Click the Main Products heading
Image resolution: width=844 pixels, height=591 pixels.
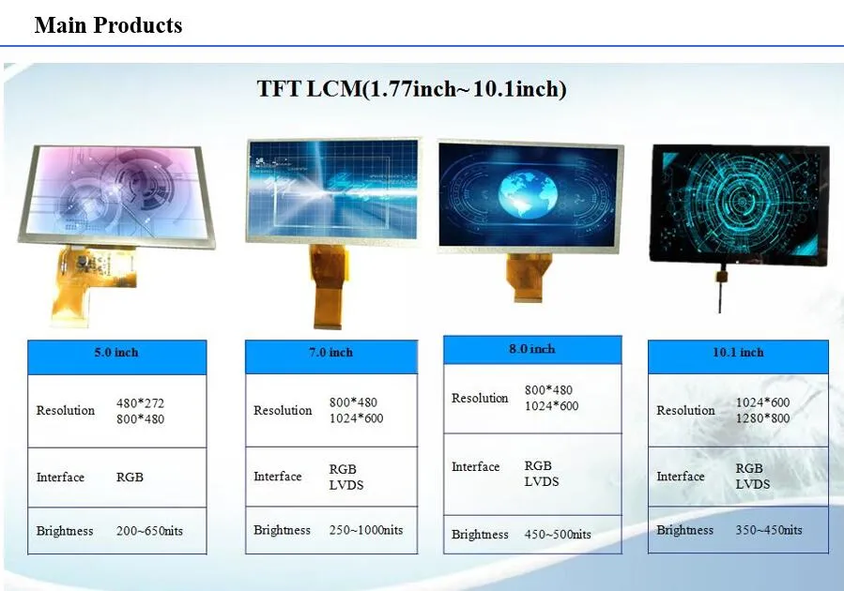(108, 25)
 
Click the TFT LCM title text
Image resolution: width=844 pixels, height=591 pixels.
(411, 89)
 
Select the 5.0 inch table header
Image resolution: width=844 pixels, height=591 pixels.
(115, 353)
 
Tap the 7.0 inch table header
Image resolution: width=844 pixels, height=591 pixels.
(330, 353)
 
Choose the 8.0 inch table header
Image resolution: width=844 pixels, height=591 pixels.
(531, 349)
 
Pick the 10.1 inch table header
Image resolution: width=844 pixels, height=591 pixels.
(738, 353)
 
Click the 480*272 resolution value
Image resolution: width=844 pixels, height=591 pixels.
(140, 403)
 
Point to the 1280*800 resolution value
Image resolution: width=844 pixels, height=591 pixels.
(762, 418)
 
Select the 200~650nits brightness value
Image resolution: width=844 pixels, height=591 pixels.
(149, 531)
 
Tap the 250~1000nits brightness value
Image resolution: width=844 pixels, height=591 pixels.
(365, 530)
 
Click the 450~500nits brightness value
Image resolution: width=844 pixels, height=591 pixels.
(558, 534)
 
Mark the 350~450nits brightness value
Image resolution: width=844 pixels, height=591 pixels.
(769, 530)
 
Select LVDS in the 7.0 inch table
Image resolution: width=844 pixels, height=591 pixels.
(345, 485)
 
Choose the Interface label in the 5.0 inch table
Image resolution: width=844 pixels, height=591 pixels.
(60, 477)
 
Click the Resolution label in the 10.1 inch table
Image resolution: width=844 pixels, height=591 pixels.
(685, 410)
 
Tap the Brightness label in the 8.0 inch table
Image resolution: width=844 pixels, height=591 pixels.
(480, 535)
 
